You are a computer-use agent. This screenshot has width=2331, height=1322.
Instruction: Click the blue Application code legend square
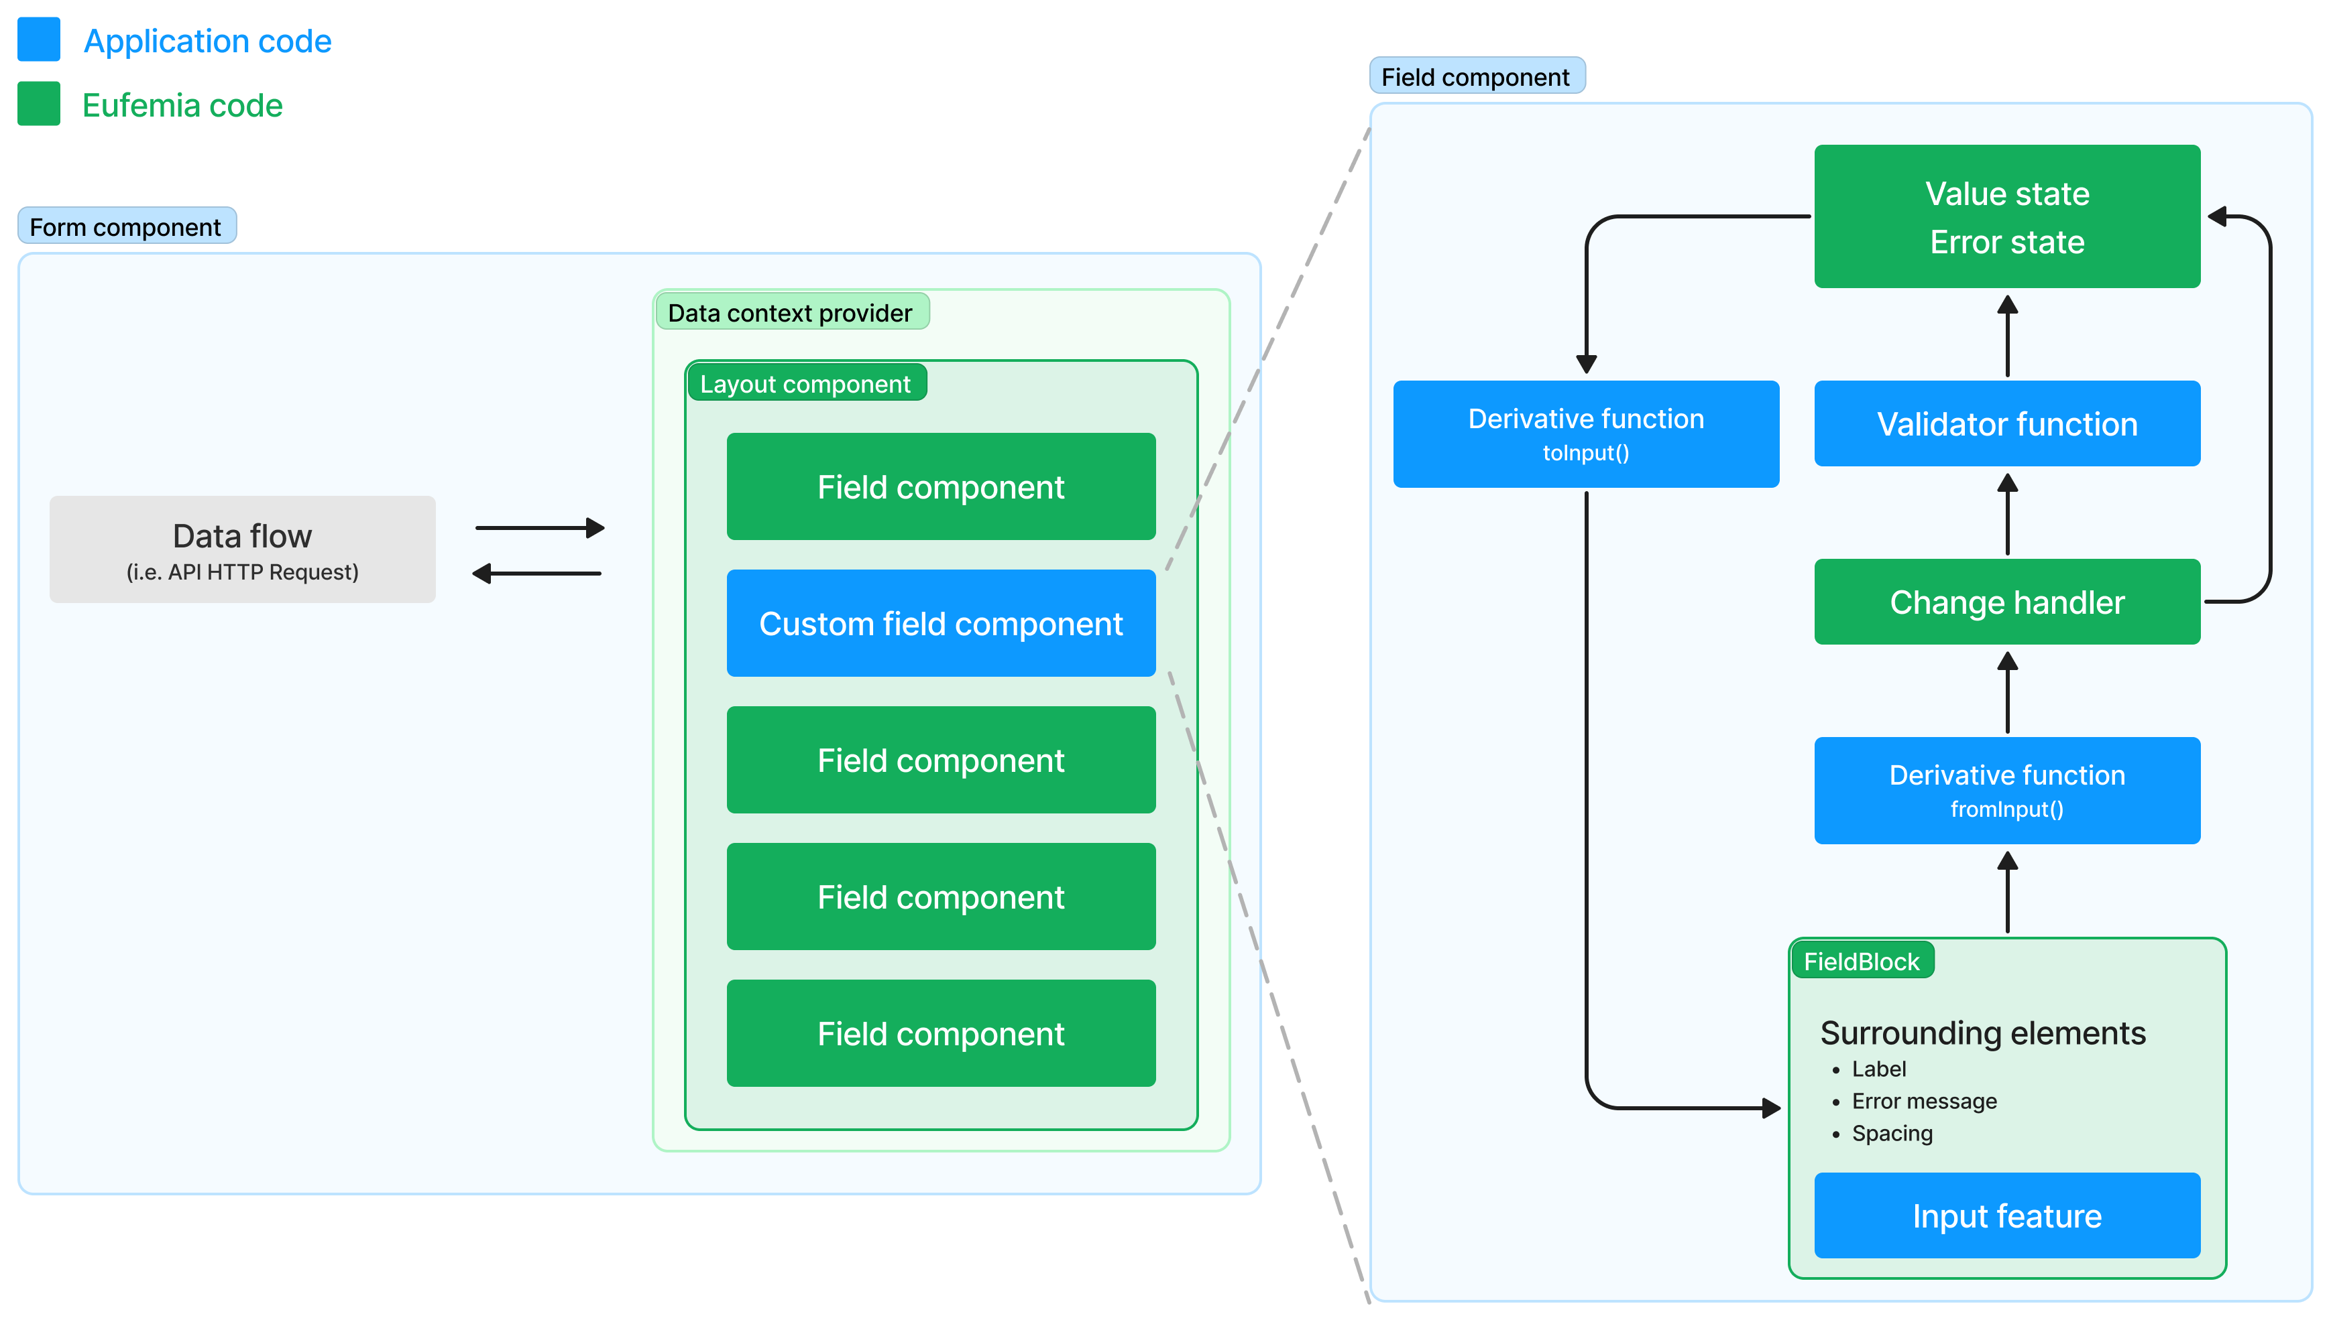pyautogui.click(x=38, y=40)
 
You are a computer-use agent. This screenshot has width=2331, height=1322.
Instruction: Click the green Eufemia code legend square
pyautogui.click(x=38, y=103)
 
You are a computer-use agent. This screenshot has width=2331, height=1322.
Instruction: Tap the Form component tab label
pyautogui.click(x=126, y=227)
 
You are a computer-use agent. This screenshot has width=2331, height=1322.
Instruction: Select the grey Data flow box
pyautogui.click(x=243, y=549)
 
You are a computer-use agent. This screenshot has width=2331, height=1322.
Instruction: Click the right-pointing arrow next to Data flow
pyautogui.click(x=540, y=527)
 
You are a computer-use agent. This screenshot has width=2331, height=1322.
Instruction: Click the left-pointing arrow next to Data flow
pyautogui.click(x=537, y=574)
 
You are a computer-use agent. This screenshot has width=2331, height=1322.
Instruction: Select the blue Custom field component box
pyautogui.click(x=940, y=624)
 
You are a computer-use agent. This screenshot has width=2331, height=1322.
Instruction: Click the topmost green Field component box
pyautogui.click(x=940, y=486)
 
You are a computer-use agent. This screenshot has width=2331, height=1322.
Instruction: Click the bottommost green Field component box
pyautogui.click(x=940, y=1033)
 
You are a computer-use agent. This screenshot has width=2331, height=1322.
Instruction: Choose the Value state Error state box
pyautogui.click(x=2006, y=217)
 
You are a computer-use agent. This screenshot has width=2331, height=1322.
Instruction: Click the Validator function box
pyautogui.click(x=2006, y=424)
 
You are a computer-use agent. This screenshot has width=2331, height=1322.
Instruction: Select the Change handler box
pyautogui.click(x=2006, y=602)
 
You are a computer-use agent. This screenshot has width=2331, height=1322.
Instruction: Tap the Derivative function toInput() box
pyautogui.click(x=1585, y=434)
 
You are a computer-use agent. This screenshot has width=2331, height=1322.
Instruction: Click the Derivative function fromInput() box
pyautogui.click(x=2006, y=790)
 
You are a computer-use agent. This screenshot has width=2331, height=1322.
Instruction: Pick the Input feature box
pyautogui.click(x=2006, y=1215)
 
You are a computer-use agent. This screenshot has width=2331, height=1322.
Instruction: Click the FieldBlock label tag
pyautogui.click(x=1862, y=962)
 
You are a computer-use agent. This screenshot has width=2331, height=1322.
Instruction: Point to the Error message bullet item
pyautogui.click(x=1924, y=1102)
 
